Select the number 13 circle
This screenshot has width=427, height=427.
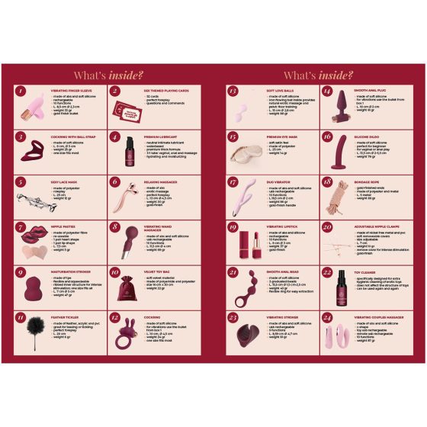click(231, 91)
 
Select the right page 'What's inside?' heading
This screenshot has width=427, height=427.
click(317, 75)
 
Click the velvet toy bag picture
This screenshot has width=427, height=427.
click(127, 289)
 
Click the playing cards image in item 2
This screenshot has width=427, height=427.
click(129, 109)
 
